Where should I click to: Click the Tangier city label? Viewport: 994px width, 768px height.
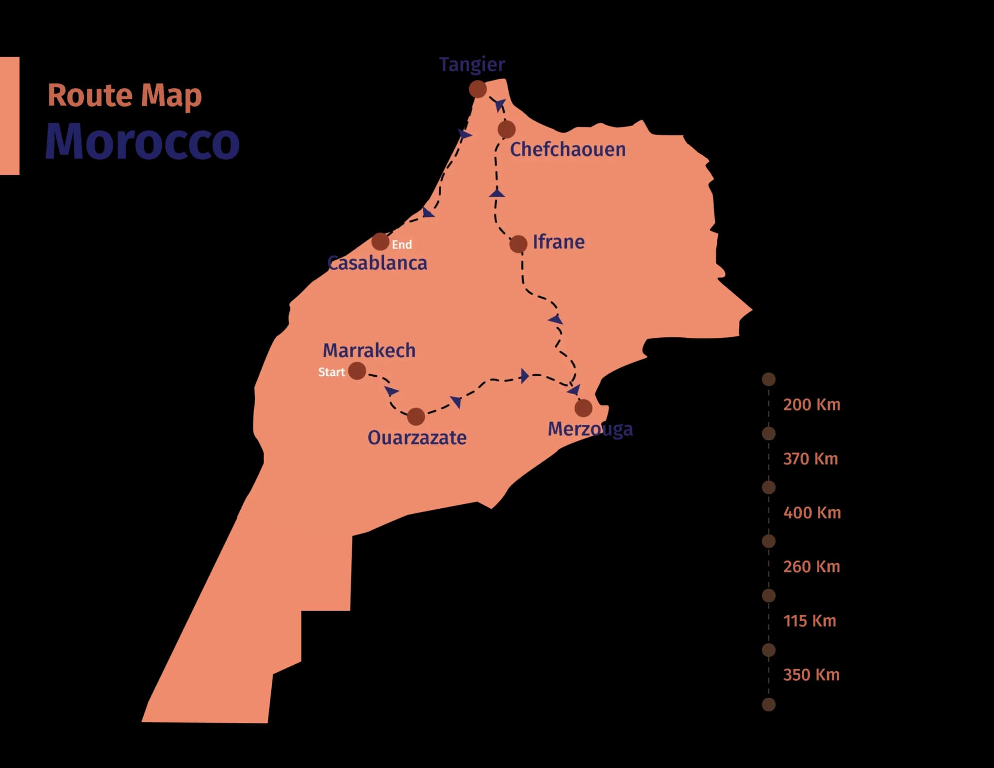(x=472, y=65)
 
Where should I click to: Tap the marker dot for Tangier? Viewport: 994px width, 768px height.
(x=478, y=89)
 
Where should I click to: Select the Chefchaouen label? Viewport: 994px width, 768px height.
(x=568, y=150)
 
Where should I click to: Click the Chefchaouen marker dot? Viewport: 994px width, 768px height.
(x=506, y=130)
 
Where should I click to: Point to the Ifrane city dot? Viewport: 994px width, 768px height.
(x=518, y=244)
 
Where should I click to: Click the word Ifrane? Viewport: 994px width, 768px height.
(x=559, y=242)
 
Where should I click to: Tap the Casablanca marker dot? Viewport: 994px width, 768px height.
(x=380, y=241)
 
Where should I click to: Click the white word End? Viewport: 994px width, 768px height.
(x=402, y=245)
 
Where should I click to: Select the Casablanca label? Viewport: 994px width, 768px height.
(x=378, y=263)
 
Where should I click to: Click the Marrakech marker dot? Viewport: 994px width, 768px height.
(x=357, y=371)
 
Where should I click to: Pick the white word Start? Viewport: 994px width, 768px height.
(x=331, y=372)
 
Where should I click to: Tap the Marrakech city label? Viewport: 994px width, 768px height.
(x=369, y=351)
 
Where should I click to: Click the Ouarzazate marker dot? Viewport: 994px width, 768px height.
(x=416, y=416)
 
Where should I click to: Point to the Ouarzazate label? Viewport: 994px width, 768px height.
(x=417, y=438)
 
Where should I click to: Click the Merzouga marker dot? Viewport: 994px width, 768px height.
(x=583, y=408)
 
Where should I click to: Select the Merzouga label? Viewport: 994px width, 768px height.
(x=590, y=429)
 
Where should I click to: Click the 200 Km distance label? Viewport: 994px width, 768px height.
(x=812, y=405)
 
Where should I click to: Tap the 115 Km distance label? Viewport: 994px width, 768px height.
(x=810, y=621)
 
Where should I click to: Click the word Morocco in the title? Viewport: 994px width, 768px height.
(x=143, y=141)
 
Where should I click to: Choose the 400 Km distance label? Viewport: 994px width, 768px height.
(x=812, y=513)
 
